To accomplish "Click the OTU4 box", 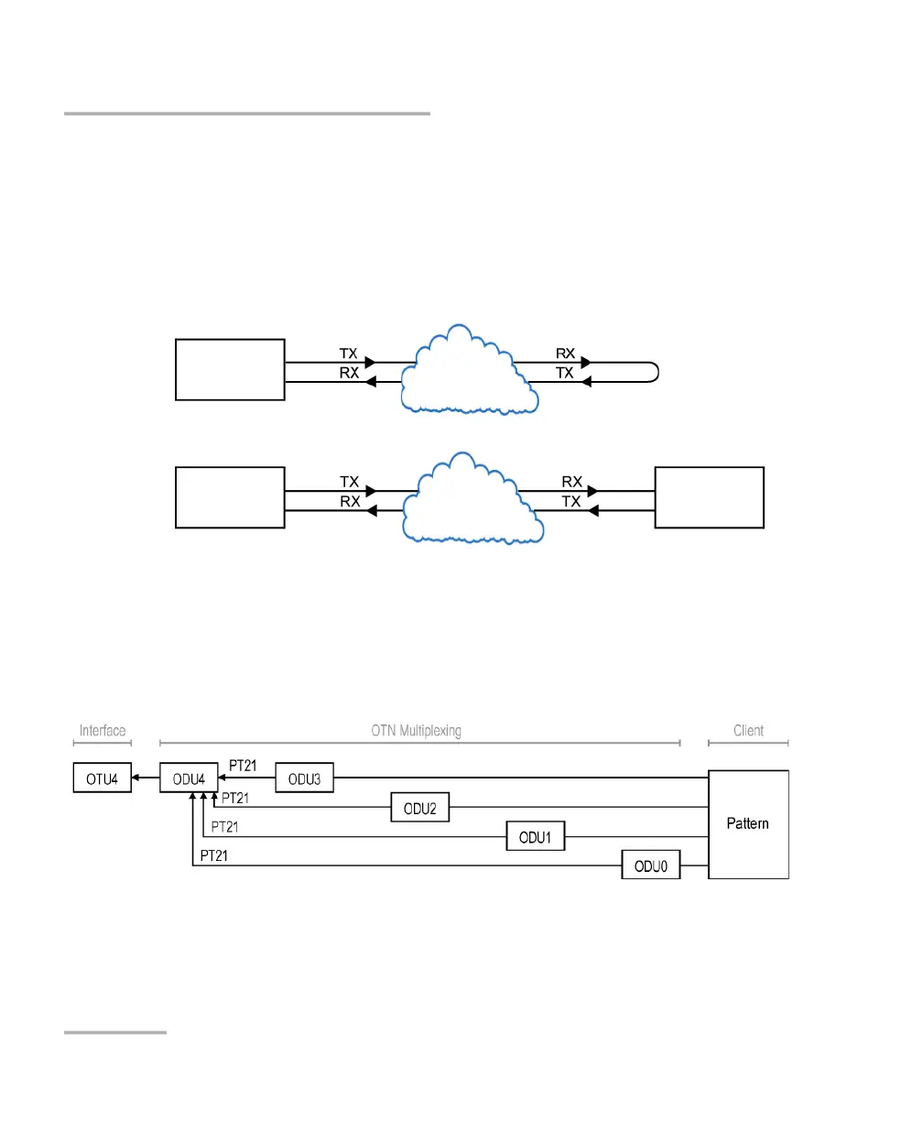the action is [102, 778].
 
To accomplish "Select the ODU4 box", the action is [189, 778].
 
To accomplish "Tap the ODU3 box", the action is [304, 778].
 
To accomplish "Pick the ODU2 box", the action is [419, 808].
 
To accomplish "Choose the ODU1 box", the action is [536, 836].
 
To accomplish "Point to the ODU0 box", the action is [650, 865].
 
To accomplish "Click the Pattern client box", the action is [748, 823].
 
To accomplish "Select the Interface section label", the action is [103, 731].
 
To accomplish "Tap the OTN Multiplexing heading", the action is [417, 731].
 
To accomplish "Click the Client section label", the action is [748, 731].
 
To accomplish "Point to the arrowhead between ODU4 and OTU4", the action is [136, 778].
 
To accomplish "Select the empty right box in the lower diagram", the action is [710, 497].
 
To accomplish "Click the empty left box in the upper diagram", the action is [230, 369].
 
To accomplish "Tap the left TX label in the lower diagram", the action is [349, 481].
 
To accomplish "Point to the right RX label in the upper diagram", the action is [566, 354].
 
